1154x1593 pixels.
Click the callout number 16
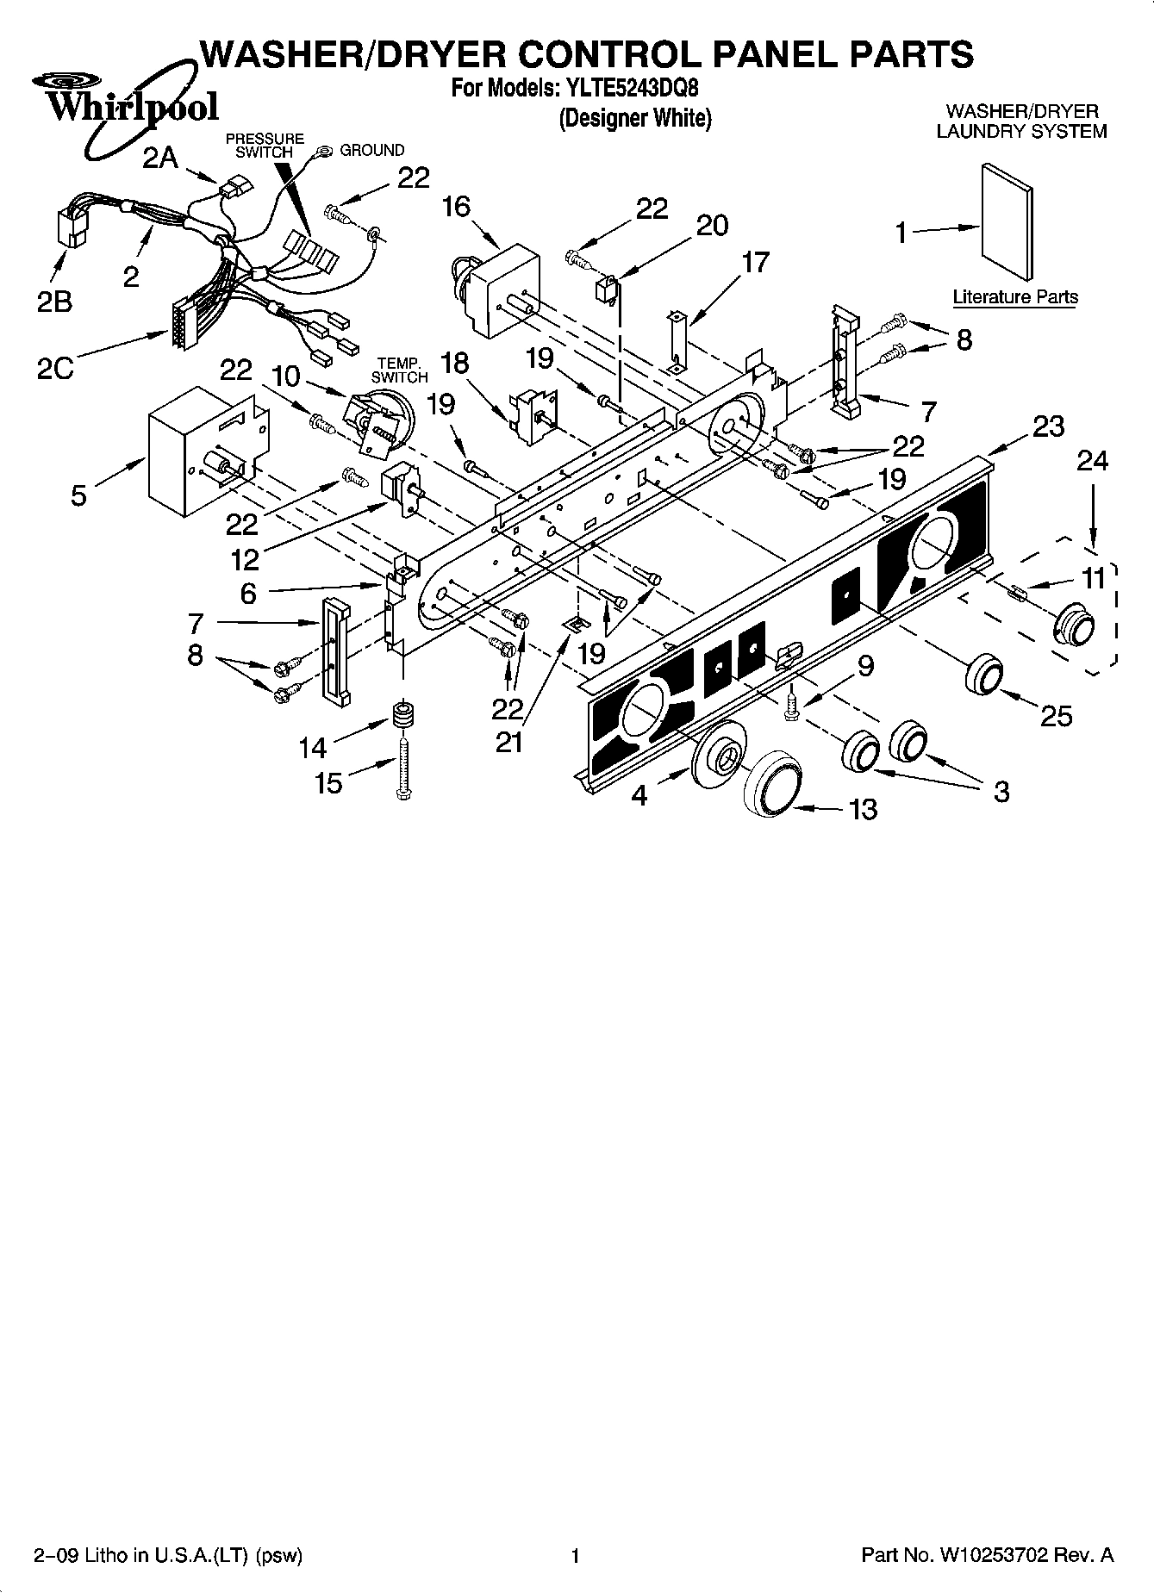coord(456,207)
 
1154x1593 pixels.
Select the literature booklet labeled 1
coord(1007,222)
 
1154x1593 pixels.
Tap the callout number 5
coord(78,496)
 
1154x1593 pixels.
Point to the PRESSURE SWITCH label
coord(265,145)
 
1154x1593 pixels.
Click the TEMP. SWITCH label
coord(399,370)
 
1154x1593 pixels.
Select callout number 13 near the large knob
coord(863,809)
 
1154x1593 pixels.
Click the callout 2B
coord(53,302)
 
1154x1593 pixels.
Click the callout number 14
coord(313,747)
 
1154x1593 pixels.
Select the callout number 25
coord(1056,715)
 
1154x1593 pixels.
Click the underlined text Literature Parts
coord(1015,297)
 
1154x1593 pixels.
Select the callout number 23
coord(1048,426)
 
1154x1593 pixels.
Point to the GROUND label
coord(371,150)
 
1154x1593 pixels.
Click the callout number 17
coord(754,262)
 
